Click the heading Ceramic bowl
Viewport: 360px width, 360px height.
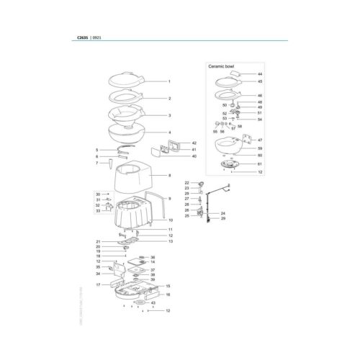coord(222,66)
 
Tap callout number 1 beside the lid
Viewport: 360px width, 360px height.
coord(169,82)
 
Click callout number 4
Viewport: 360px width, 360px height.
coord(169,132)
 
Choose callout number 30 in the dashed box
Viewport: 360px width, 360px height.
coord(98,194)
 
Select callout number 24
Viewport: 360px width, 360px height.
coord(223,214)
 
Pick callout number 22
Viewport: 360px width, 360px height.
coord(187,183)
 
